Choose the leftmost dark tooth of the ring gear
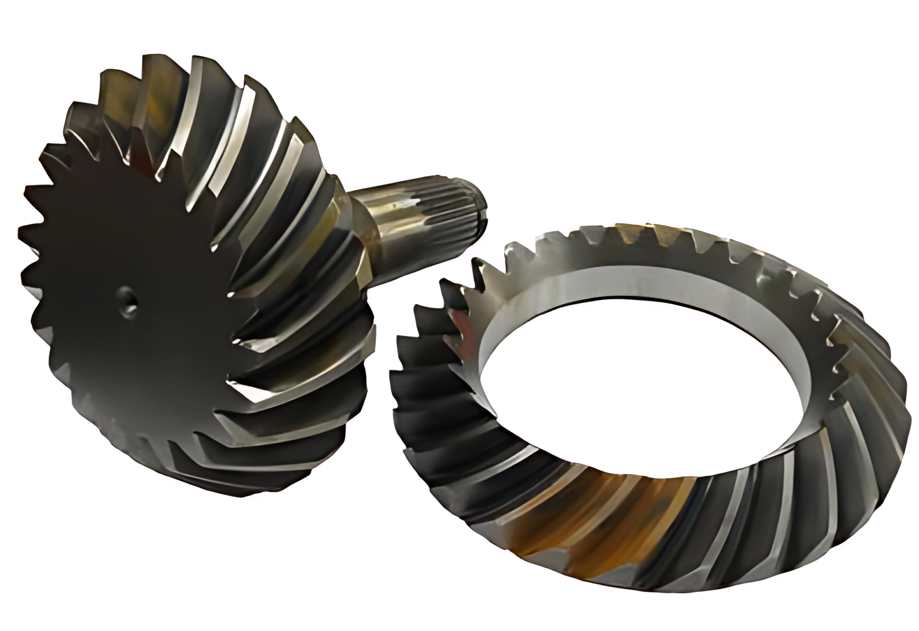point(400,371)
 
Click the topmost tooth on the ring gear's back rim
point(632,227)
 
